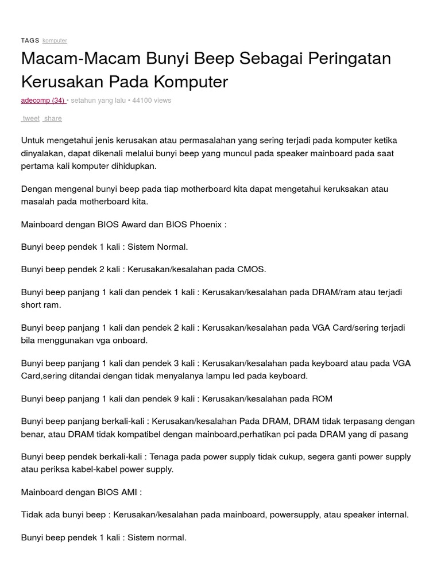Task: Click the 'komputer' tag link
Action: (55, 41)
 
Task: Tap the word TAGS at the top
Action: (30, 41)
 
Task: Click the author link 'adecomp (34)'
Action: (43, 100)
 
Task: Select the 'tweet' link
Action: (31, 118)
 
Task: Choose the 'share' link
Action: (52, 118)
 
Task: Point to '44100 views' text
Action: (152, 100)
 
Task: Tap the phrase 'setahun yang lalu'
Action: (98, 100)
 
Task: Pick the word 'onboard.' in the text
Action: (130, 340)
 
